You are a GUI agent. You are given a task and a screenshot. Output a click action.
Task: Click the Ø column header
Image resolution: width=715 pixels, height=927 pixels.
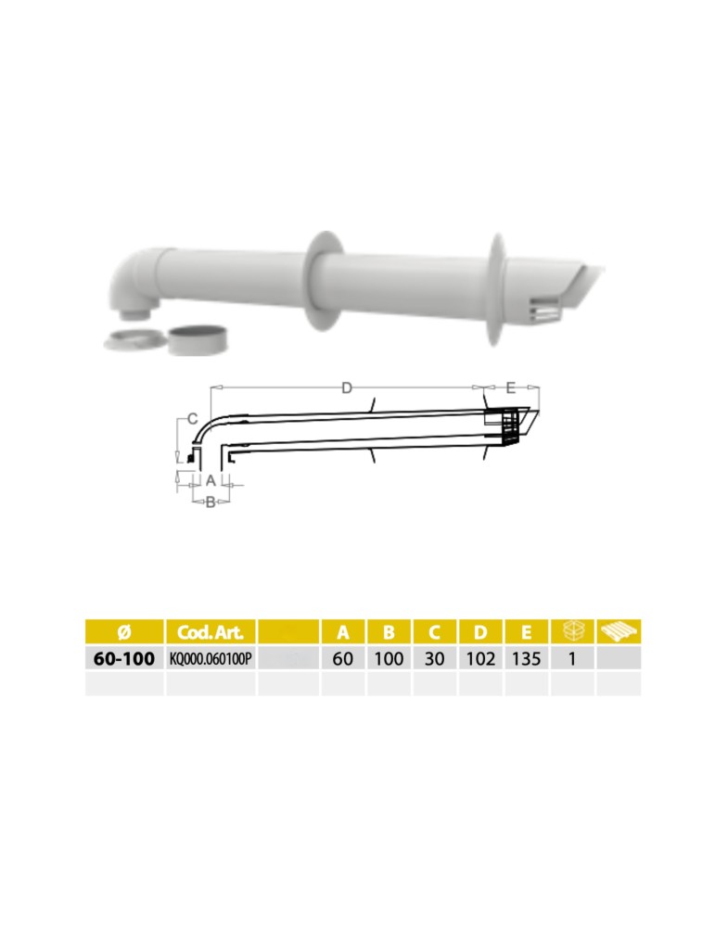tap(124, 632)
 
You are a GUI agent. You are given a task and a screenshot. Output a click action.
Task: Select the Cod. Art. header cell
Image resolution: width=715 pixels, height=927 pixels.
tap(210, 632)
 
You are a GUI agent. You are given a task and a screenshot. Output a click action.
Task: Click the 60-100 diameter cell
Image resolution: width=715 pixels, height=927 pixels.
tap(124, 659)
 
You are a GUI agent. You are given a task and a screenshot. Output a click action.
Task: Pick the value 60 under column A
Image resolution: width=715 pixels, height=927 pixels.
tap(343, 659)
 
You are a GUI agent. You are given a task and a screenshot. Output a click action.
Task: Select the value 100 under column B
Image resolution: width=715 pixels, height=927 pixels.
tap(389, 659)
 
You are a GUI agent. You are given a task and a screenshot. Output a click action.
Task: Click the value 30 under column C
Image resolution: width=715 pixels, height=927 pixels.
tap(435, 659)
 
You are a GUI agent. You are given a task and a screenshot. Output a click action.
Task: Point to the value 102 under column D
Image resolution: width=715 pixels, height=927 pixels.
tap(480, 659)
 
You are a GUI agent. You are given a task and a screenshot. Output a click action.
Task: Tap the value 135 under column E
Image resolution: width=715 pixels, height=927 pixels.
tap(526, 659)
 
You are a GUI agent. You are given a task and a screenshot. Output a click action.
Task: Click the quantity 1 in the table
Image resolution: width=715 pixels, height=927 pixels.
tap(572, 659)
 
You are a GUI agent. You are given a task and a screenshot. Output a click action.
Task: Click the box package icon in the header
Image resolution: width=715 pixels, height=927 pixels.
tap(572, 631)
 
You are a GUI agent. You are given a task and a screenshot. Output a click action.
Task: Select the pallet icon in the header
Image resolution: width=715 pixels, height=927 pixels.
tap(619, 631)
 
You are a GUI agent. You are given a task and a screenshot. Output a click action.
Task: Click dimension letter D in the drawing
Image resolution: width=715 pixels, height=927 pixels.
tap(346, 387)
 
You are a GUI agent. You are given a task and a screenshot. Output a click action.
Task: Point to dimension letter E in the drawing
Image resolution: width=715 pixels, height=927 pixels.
tap(510, 387)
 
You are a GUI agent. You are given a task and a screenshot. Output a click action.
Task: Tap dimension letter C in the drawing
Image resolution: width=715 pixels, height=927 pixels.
tap(192, 419)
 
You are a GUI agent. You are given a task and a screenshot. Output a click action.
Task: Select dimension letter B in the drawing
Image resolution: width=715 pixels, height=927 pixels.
tap(211, 502)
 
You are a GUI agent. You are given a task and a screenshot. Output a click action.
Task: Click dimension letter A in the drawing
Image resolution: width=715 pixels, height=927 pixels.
tap(211, 480)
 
